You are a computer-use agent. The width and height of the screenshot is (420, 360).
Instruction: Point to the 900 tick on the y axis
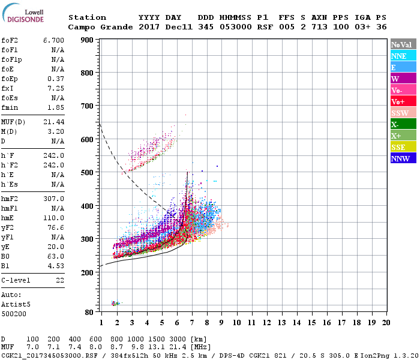[88, 40]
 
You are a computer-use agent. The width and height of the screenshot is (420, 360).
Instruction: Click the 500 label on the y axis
[88, 173]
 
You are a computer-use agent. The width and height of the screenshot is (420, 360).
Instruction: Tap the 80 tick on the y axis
[89, 312]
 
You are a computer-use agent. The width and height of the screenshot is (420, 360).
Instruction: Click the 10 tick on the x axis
[237, 323]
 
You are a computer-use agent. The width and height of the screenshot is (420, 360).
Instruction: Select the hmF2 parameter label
[11, 199]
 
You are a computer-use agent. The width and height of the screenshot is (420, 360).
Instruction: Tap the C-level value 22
[59, 280]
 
